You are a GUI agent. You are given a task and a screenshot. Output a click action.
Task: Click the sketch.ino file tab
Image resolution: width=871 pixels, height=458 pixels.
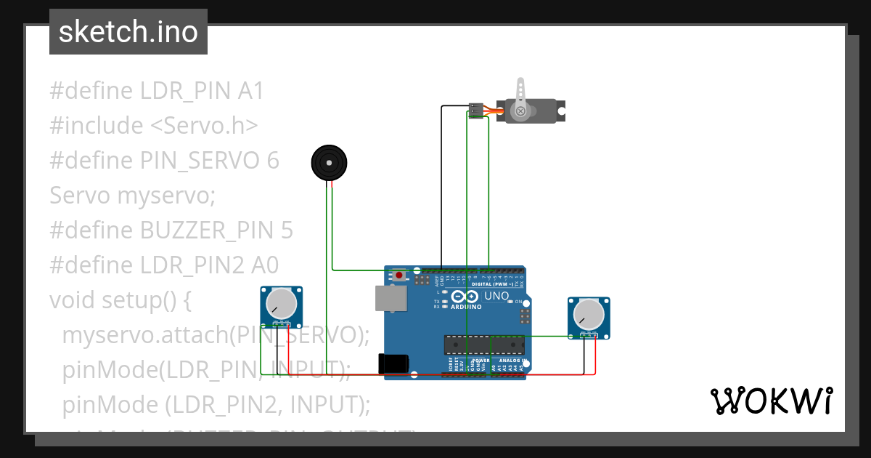(x=128, y=32)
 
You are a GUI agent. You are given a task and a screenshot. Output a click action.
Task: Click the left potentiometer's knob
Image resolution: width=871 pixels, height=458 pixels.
(x=281, y=305)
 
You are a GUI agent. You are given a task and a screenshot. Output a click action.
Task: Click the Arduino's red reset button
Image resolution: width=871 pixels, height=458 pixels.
(x=399, y=276)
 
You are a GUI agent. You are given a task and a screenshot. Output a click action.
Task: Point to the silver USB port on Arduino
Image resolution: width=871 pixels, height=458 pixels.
(x=390, y=299)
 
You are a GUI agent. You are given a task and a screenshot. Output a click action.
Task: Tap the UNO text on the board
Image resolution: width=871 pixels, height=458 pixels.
(x=496, y=297)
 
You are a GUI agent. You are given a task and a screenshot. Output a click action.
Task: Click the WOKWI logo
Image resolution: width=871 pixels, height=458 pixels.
(x=771, y=401)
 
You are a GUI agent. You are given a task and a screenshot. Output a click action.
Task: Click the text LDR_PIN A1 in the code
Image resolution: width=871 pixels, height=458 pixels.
(x=200, y=91)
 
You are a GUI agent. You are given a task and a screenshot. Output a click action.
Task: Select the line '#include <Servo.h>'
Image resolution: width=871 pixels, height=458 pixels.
(x=154, y=126)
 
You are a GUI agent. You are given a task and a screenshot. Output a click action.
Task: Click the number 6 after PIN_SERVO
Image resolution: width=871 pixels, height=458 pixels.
(x=272, y=161)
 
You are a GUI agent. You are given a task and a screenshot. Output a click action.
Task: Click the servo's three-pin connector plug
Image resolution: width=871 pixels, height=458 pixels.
(x=476, y=111)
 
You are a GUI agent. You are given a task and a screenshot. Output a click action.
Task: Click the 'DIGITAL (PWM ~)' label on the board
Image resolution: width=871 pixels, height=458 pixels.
(x=493, y=284)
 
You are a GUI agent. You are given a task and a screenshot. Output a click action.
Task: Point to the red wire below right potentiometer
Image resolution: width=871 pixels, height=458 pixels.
(x=596, y=356)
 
